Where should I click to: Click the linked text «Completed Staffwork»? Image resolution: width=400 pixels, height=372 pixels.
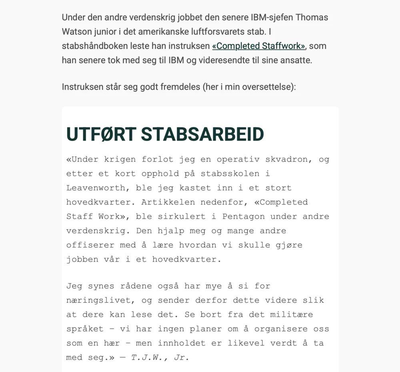click(258, 46)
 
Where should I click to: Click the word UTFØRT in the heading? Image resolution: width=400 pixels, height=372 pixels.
click(101, 135)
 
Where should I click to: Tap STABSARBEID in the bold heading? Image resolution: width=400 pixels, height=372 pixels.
click(202, 135)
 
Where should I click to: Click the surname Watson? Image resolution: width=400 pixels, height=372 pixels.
click(77, 32)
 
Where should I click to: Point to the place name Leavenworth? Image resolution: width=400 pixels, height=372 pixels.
click(98, 188)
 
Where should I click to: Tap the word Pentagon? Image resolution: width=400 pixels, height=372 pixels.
click(244, 217)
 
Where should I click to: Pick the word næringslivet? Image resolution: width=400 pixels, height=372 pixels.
click(98, 300)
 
